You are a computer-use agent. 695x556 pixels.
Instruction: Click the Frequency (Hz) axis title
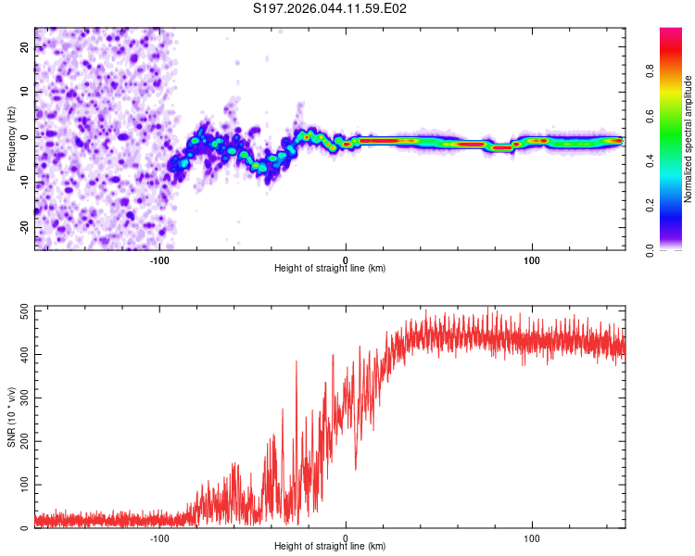tap(11, 139)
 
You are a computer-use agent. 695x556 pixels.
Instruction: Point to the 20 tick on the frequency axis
tap(25, 49)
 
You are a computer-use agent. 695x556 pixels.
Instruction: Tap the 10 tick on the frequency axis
tap(25, 93)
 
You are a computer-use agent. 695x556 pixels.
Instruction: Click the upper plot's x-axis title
tap(330, 268)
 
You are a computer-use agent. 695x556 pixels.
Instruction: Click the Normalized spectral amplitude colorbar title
tap(689, 139)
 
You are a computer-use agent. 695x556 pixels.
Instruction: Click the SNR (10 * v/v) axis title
tap(11, 417)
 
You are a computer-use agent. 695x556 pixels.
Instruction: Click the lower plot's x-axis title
tap(330, 546)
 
